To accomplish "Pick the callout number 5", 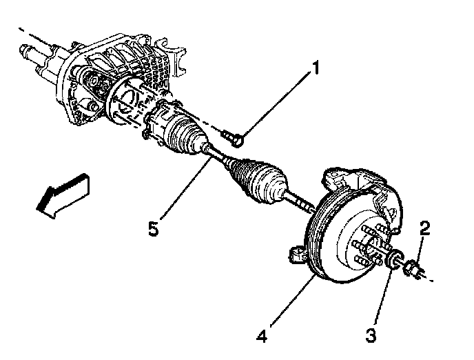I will (x=154, y=228).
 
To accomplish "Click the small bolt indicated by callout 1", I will (x=234, y=139).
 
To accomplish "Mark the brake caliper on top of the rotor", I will (x=351, y=180).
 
